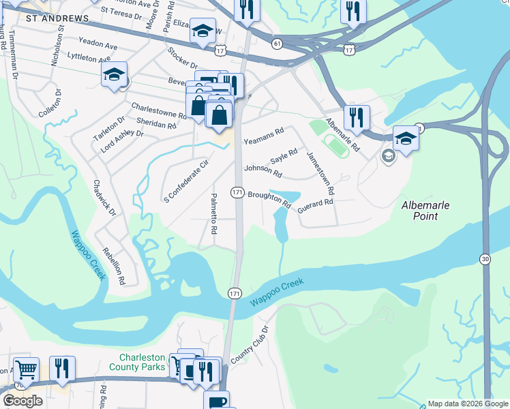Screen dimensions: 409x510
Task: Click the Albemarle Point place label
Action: tap(429, 210)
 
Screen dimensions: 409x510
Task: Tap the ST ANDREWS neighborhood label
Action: tap(57, 18)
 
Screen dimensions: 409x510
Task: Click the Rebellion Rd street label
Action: tap(114, 265)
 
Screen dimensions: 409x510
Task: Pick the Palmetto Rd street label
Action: tap(213, 213)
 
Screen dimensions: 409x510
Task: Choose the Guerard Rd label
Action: tap(315, 202)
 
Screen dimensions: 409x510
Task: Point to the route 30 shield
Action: tap(485, 259)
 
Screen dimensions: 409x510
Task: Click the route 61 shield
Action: tap(276, 44)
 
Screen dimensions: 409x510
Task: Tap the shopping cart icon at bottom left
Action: tap(26, 370)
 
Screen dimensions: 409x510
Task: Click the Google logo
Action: tap(22, 401)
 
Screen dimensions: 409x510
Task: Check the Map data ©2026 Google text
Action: tap(467, 404)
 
